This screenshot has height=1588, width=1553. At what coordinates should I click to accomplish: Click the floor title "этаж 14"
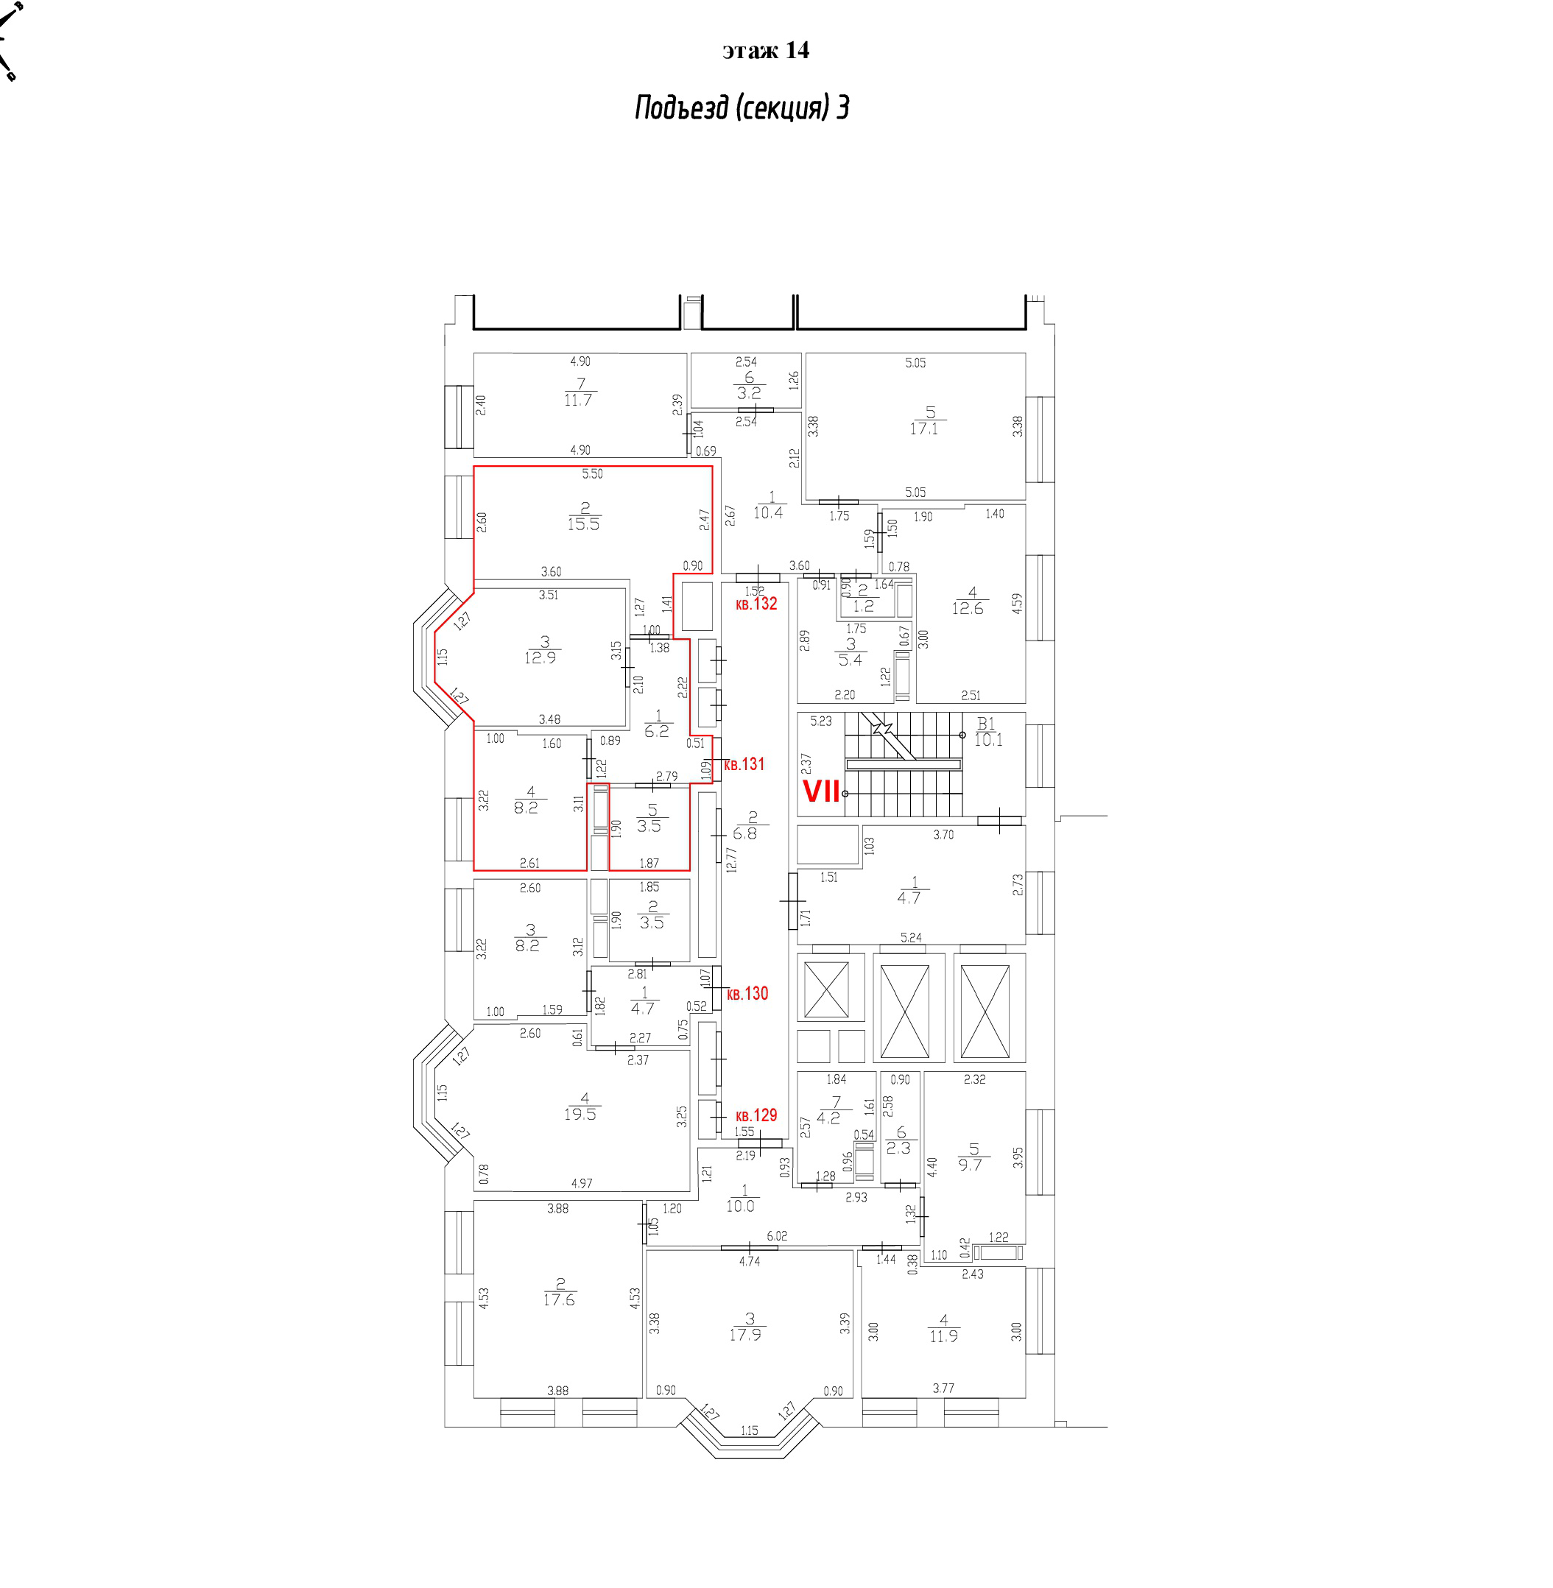click(x=765, y=51)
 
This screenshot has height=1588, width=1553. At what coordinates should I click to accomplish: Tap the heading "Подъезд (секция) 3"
click(x=742, y=107)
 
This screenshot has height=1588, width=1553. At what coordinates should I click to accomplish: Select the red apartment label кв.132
click(x=756, y=604)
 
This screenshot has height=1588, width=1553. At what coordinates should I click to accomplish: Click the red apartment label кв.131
click(x=744, y=764)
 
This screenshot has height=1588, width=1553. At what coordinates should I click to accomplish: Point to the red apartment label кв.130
click(x=747, y=993)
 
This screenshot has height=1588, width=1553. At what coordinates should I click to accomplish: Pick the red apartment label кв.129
click(x=756, y=1115)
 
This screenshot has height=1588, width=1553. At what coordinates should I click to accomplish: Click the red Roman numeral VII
click(x=821, y=791)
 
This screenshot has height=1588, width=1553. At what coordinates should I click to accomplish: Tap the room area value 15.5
click(x=583, y=524)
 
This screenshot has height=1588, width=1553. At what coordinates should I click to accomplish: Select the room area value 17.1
click(x=923, y=429)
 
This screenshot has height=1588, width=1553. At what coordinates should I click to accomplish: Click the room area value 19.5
click(x=580, y=1114)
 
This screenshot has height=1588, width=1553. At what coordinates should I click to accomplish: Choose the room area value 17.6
click(x=559, y=1300)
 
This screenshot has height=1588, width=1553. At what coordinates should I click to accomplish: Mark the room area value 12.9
click(x=540, y=657)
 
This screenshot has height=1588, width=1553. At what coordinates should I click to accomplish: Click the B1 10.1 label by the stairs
click(x=987, y=732)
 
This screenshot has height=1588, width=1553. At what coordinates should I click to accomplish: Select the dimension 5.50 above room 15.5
click(x=592, y=474)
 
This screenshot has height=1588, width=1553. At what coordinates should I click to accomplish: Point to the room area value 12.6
click(x=968, y=608)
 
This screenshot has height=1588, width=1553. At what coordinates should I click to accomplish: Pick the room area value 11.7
click(x=577, y=400)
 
